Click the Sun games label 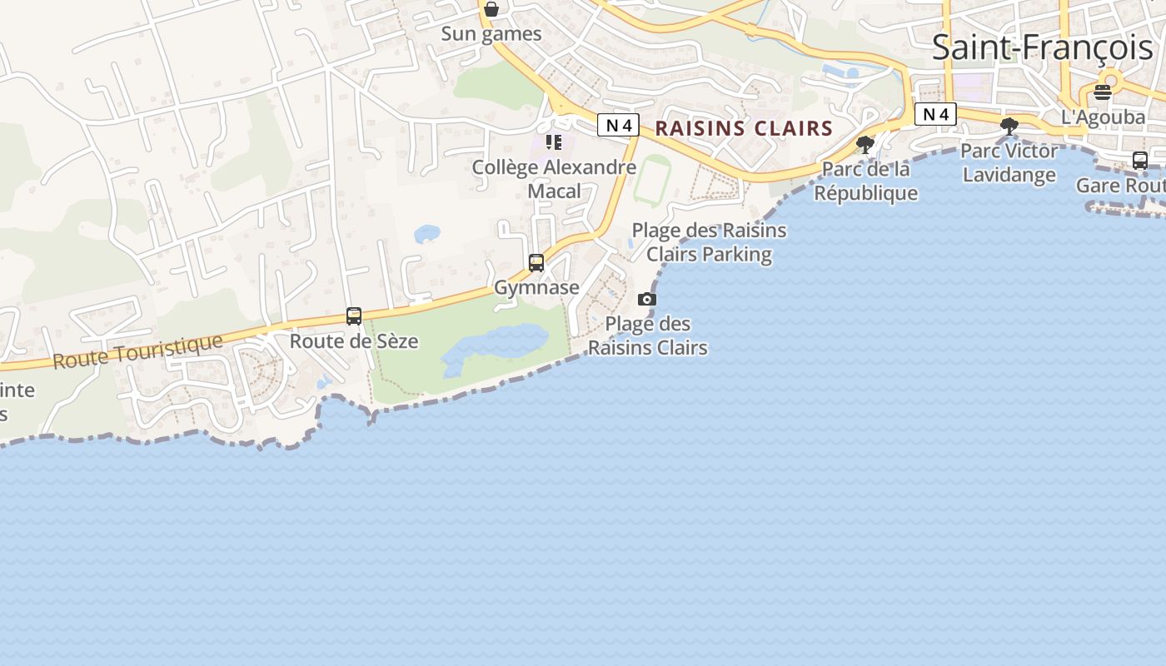point(491,34)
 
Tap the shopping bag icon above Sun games point(491,9)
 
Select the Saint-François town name point(1042,47)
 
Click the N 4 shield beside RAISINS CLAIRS point(618,126)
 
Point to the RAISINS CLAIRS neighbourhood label point(744,128)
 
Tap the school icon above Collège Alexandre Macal point(554,142)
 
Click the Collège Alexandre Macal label point(554,178)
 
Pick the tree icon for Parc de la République point(865,145)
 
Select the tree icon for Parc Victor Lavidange point(1009,127)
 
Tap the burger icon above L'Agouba point(1103,92)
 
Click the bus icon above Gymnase point(536,263)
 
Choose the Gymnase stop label point(536,287)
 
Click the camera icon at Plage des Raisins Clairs point(647,299)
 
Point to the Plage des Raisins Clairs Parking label point(709,241)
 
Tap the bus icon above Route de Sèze point(354,316)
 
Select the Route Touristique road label point(138,350)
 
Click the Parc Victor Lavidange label point(1009,162)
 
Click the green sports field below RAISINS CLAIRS point(652,179)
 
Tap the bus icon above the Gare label point(1140,161)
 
